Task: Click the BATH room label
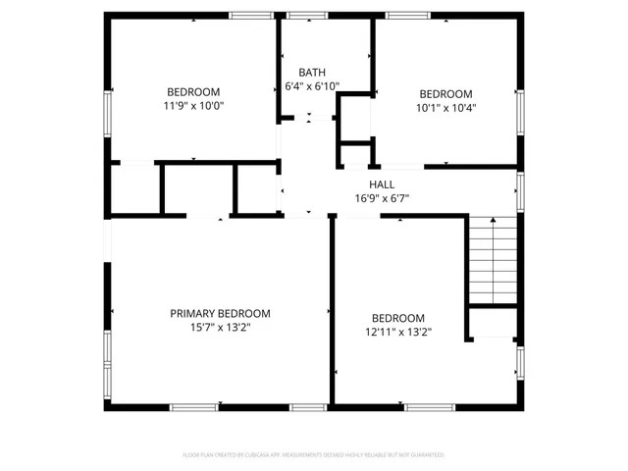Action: pyautogui.click(x=312, y=72)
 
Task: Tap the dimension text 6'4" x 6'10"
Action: pyautogui.click(x=312, y=86)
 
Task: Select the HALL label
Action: pyautogui.click(x=382, y=184)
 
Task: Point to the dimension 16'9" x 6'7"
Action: pyautogui.click(x=382, y=198)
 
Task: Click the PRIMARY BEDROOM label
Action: pyautogui.click(x=220, y=314)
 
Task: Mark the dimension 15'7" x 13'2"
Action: pyautogui.click(x=220, y=328)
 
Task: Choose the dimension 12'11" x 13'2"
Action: pyautogui.click(x=397, y=333)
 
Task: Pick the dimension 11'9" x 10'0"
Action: pyautogui.click(x=193, y=106)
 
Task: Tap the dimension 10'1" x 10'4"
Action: pyautogui.click(x=446, y=108)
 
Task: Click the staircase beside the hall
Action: pyautogui.click(x=493, y=260)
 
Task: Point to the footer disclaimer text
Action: pyautogui.click(x=314, y=455)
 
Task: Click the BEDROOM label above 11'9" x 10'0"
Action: pyautogui.click(x=193, y=92)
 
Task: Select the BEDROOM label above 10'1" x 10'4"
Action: pyautogui.click(x=446, y=94)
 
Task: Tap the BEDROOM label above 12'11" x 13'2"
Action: pyautogui.click(x=397, y=318)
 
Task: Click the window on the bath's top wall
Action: pyautogui.click(x=307, y=16)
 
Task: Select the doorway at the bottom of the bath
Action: pyautogui.click(x=309, y=119)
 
